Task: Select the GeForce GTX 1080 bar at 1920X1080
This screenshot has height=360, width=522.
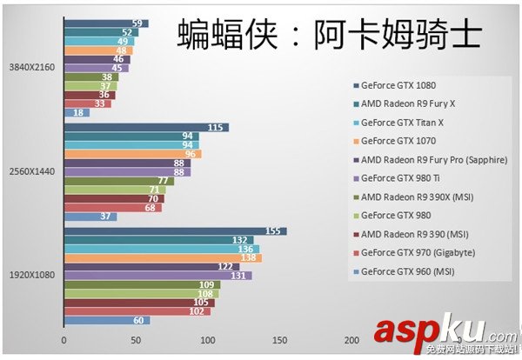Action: coord(174,231)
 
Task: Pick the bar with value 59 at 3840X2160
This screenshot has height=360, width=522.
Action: coord(105,23)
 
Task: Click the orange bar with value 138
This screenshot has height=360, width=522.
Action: coord(162,258)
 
